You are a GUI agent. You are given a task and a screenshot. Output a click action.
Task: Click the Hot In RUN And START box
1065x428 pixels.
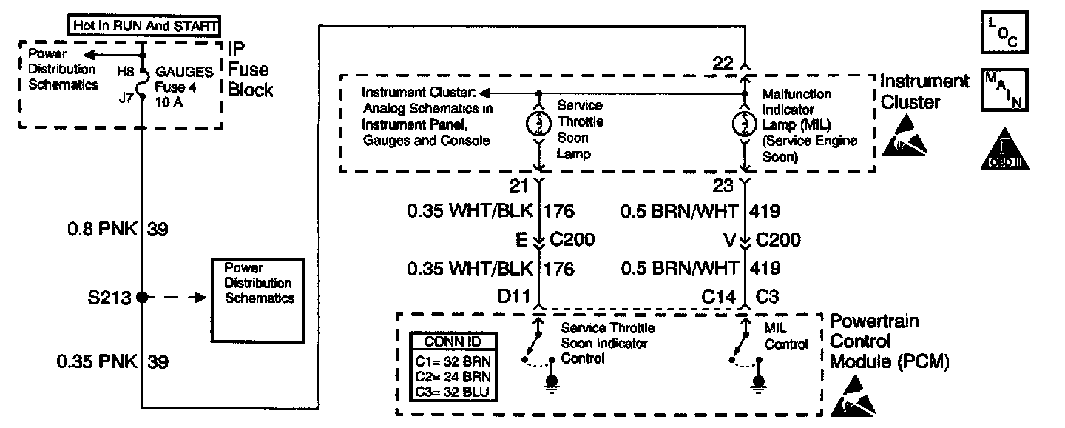[146, 26]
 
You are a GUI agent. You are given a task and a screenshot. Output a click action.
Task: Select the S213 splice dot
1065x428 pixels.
[143, 298]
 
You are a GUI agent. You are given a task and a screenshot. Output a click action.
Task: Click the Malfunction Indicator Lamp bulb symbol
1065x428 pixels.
[745, 123]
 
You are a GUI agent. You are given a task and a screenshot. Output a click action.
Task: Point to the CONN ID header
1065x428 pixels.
[454, 342]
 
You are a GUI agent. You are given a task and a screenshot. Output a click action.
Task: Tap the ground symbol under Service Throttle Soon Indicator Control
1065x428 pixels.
[552, 383]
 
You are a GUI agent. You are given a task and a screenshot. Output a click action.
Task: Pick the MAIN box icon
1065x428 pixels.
[1003, 90]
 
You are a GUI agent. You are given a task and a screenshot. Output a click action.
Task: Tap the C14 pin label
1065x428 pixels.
[719, 297]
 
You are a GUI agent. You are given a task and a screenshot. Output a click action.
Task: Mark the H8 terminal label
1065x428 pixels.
[127, 73]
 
